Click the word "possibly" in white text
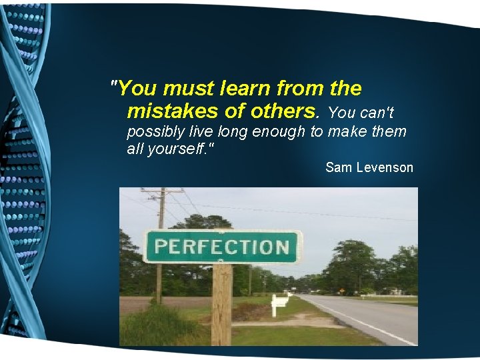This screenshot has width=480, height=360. click(x=154, y=131)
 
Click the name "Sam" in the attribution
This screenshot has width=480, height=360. click(x=338, y=167)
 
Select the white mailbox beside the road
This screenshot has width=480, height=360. click(x=280, y=301)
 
